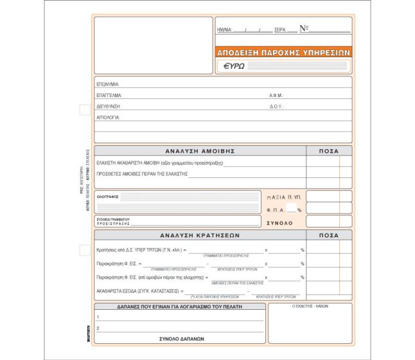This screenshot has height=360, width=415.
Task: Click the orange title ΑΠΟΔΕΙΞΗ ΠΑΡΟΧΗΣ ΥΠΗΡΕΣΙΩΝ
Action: point(283,52)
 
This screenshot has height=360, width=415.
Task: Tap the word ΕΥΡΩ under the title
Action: point(234,66)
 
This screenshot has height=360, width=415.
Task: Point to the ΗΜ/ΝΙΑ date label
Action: point(224,30)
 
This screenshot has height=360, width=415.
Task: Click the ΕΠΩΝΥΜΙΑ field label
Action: point(108,84)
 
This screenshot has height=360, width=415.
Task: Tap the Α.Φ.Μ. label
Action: point(276,95)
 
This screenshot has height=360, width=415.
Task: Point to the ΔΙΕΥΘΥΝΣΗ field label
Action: point(109,107)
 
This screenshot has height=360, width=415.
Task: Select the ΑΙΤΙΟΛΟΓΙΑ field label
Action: point(109,118)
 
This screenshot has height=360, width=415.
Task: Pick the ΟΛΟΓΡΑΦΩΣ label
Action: point(107,197)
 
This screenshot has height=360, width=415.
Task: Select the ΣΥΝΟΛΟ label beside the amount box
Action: point(279,222)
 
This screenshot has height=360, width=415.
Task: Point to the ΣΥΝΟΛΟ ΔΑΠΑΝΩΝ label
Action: point(181,338)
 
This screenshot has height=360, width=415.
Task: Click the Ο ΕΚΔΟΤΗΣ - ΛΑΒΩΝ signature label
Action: point(310,307)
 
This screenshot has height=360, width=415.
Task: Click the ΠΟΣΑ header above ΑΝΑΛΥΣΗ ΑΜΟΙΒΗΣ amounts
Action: point(328,151)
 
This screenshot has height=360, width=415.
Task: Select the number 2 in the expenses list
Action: point(98,328)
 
